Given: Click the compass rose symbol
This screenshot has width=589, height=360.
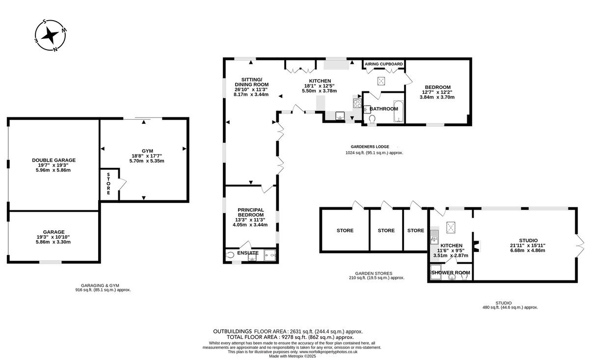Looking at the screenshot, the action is pyautogui.click(x=50, y=35).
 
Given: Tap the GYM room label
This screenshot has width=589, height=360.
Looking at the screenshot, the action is pyautogui.click(x=147, y=151).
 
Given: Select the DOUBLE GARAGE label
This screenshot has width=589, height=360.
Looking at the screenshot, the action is pyautogui.click(x=54, y=160).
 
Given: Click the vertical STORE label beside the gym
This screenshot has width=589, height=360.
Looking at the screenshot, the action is pyautogui.click(x=108, y=184).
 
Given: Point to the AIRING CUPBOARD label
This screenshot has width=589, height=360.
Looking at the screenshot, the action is pyautogui.click(x=384, y=64).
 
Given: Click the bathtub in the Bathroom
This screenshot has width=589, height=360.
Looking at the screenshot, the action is pyautogui.click(x=399, y=111).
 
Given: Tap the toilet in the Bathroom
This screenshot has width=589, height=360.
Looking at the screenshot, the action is pyautogui.click(x=372, y=119).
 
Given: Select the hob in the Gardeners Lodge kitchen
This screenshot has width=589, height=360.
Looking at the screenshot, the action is pyautogui.click(x=357, y=103).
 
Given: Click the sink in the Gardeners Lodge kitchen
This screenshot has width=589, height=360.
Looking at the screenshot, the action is pyautogui.click(x=340, y=115).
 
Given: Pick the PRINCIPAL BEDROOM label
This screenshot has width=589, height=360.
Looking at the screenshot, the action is pyautogui.click(x=251, y=212).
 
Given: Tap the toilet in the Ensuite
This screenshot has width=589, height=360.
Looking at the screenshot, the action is pyautogui.click(x=230, y=255).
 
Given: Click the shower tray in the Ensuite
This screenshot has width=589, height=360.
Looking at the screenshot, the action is pyautogui.click(x=270, y=255).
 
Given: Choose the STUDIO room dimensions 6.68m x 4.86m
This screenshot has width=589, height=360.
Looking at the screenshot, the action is pyautogui.click(x=528, y=250).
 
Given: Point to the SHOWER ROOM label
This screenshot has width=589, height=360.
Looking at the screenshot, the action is pyautogui.click(x=451, y=273).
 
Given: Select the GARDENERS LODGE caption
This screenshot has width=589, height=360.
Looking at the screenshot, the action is pyautogui.click(x=370, y=146).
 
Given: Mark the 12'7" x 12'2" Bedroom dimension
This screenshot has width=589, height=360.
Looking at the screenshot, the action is pyautogui.click(x=437, y=92).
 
